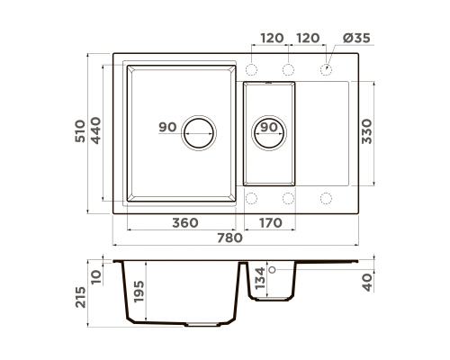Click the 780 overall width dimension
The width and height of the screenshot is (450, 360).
coord(229,238)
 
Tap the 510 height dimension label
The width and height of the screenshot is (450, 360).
coord(80,131)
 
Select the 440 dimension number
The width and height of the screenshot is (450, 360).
coord(95,130)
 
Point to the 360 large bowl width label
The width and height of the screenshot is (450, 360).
coord(185,223)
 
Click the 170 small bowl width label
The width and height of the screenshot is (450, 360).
coord(270,223)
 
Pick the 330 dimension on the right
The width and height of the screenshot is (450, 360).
coord(366,131)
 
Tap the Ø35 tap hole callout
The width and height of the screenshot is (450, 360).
coord(356,38)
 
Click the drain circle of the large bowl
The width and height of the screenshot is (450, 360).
coord(199,133)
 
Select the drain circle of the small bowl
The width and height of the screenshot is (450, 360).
coord(269,133)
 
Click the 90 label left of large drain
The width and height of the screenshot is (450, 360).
coord(167,127)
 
